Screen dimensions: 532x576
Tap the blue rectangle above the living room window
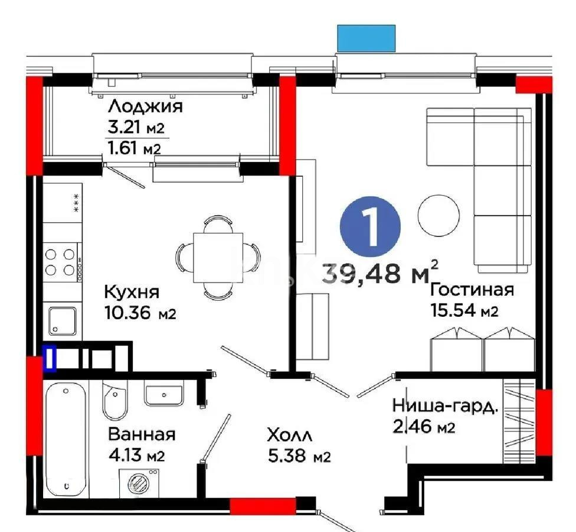[365, 38]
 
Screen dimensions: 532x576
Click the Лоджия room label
[145, 106]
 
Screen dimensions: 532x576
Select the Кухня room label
[132, 292]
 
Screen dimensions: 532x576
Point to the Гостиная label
[472, 290]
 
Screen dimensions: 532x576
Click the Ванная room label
[142, 434]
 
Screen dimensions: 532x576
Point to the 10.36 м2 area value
[140, 313]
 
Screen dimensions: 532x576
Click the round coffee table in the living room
[438, 215]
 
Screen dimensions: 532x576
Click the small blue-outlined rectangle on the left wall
[51, 358]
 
